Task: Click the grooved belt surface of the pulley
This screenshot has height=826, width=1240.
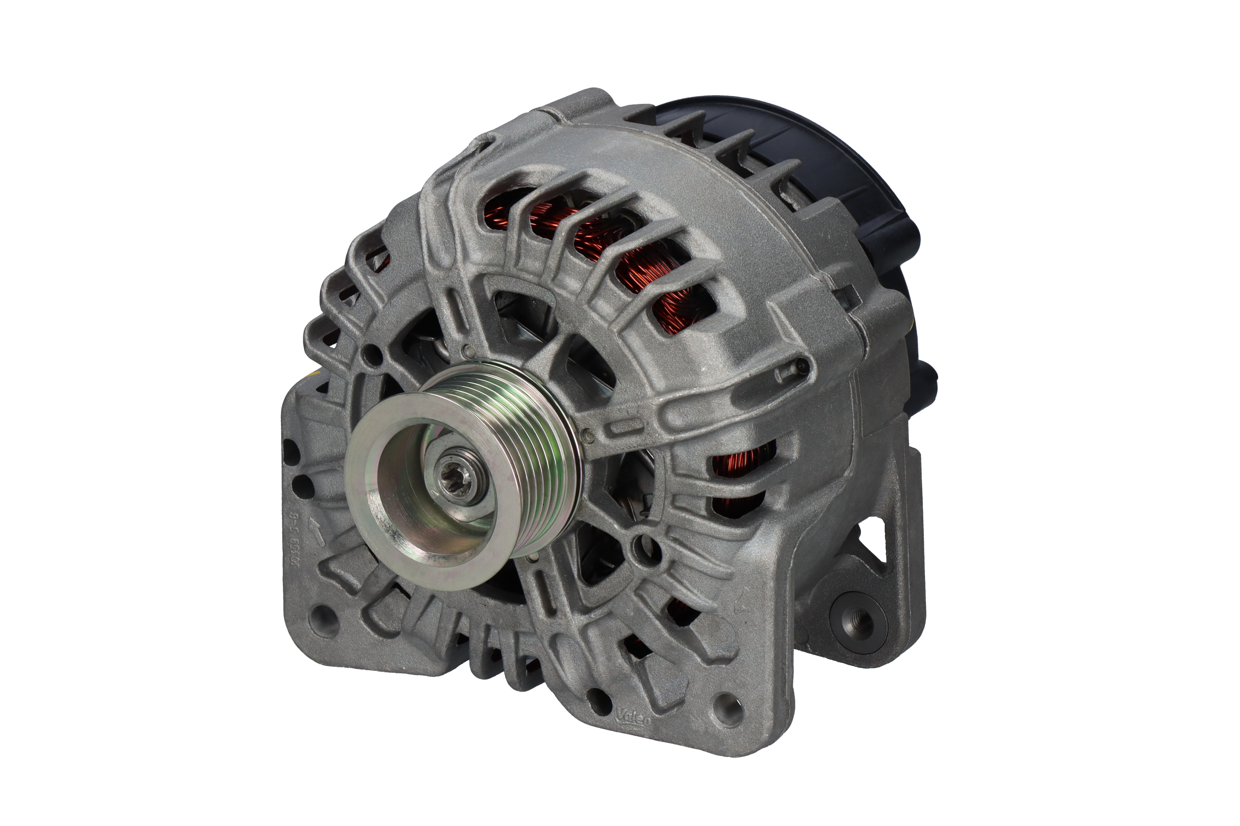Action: (532, 453)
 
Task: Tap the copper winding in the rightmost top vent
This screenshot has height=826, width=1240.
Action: (683, 311)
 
